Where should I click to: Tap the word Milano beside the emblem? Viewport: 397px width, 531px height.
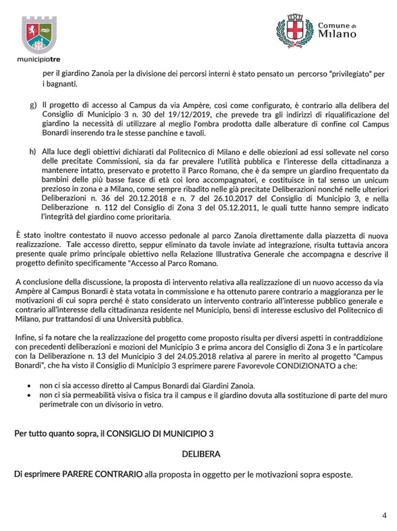click(337, 34)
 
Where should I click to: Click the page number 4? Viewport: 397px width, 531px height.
click(384, 515)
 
